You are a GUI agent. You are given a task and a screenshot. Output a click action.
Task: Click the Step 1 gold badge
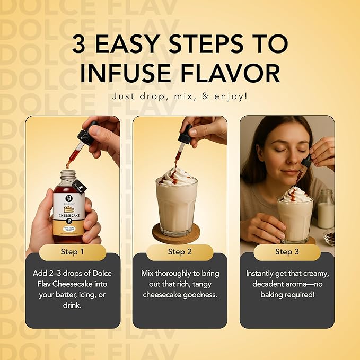pyautogui.click(x=73, y=252)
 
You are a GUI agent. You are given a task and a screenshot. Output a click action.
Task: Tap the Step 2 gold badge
pyautogui.click(x=180, y=252)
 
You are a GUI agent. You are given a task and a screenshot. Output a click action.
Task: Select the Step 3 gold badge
pyautogui.click(x=287, y=252)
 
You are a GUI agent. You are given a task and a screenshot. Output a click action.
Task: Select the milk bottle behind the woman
pyautogui.click(x=326, y=209)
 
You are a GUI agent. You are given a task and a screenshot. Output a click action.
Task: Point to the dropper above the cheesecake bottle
pyautogui.click(x=78, y=141)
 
